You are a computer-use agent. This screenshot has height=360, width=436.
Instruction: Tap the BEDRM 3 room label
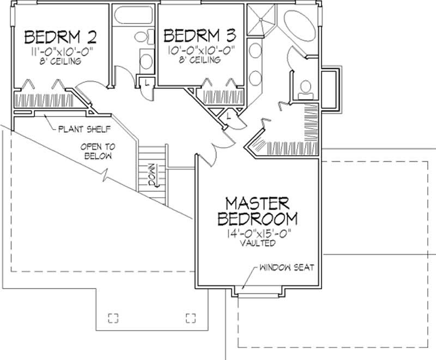click(200, 36)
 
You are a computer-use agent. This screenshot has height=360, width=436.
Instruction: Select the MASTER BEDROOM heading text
click(257, 211)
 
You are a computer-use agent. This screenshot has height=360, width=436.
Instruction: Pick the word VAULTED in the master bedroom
click(257, 243)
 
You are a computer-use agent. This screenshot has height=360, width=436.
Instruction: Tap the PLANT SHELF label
click(84, 130)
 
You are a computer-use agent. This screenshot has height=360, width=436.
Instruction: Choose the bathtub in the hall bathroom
click(134, 19)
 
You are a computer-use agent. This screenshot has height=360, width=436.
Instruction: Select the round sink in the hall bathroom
click(146, 59)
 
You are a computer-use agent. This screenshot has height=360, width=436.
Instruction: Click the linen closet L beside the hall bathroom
click(146, 83)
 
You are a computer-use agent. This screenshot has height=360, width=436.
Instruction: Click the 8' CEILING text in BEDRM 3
click(200, 60)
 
